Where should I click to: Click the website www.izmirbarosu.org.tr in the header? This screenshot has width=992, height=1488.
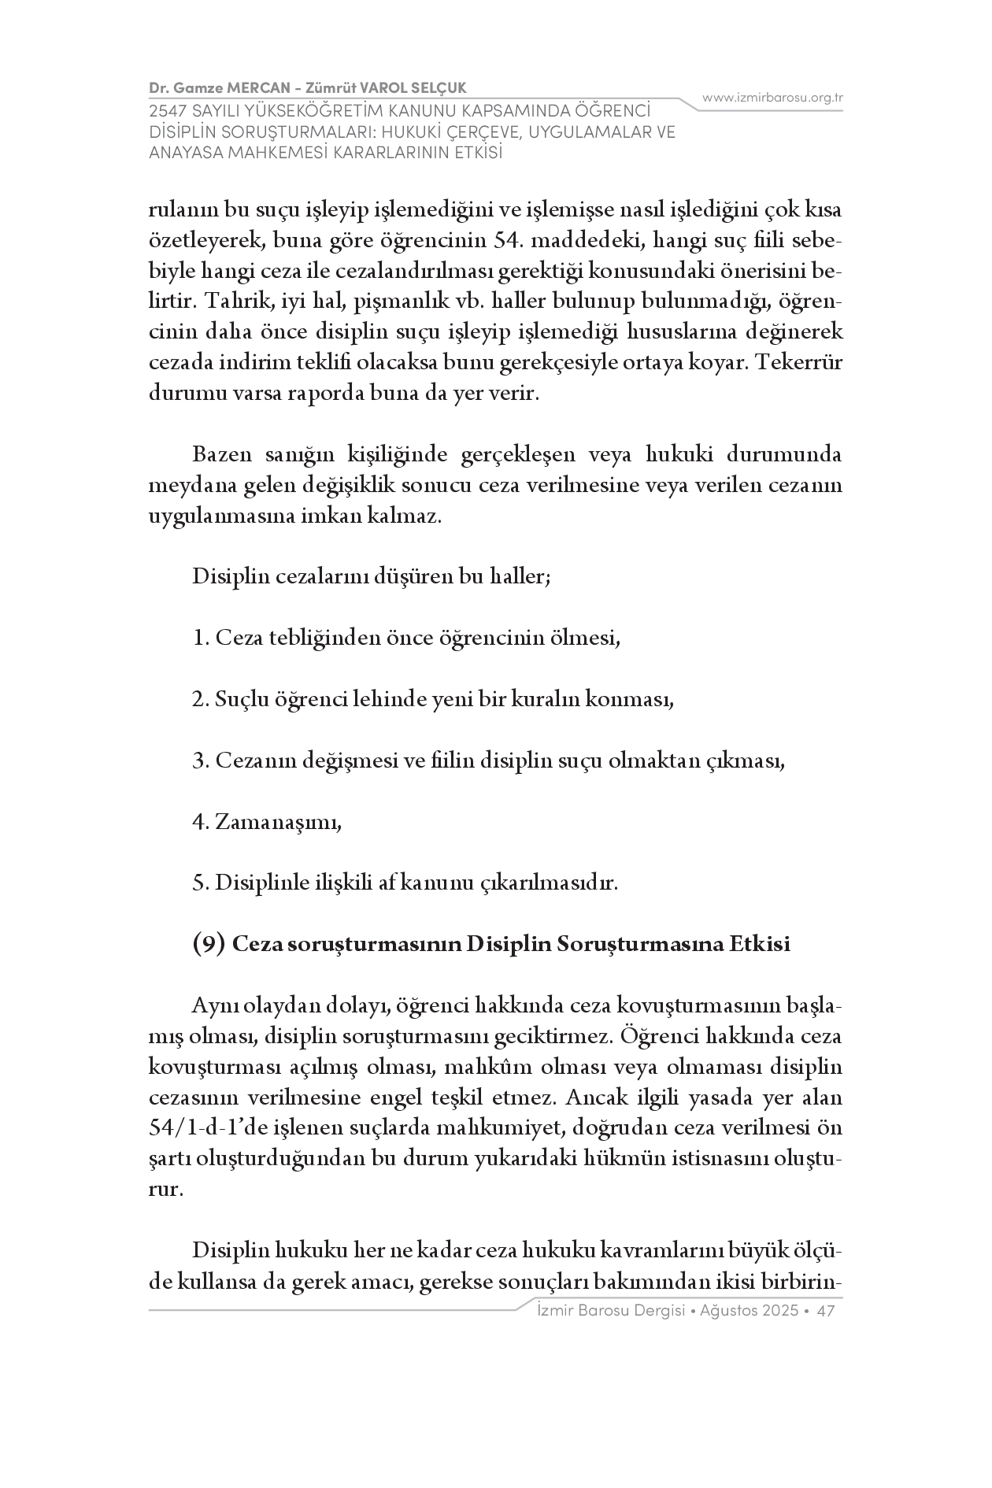point(772,98)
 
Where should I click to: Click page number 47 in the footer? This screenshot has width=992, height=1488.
point(826,1311)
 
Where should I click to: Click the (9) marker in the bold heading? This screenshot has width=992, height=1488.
point(209,944)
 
